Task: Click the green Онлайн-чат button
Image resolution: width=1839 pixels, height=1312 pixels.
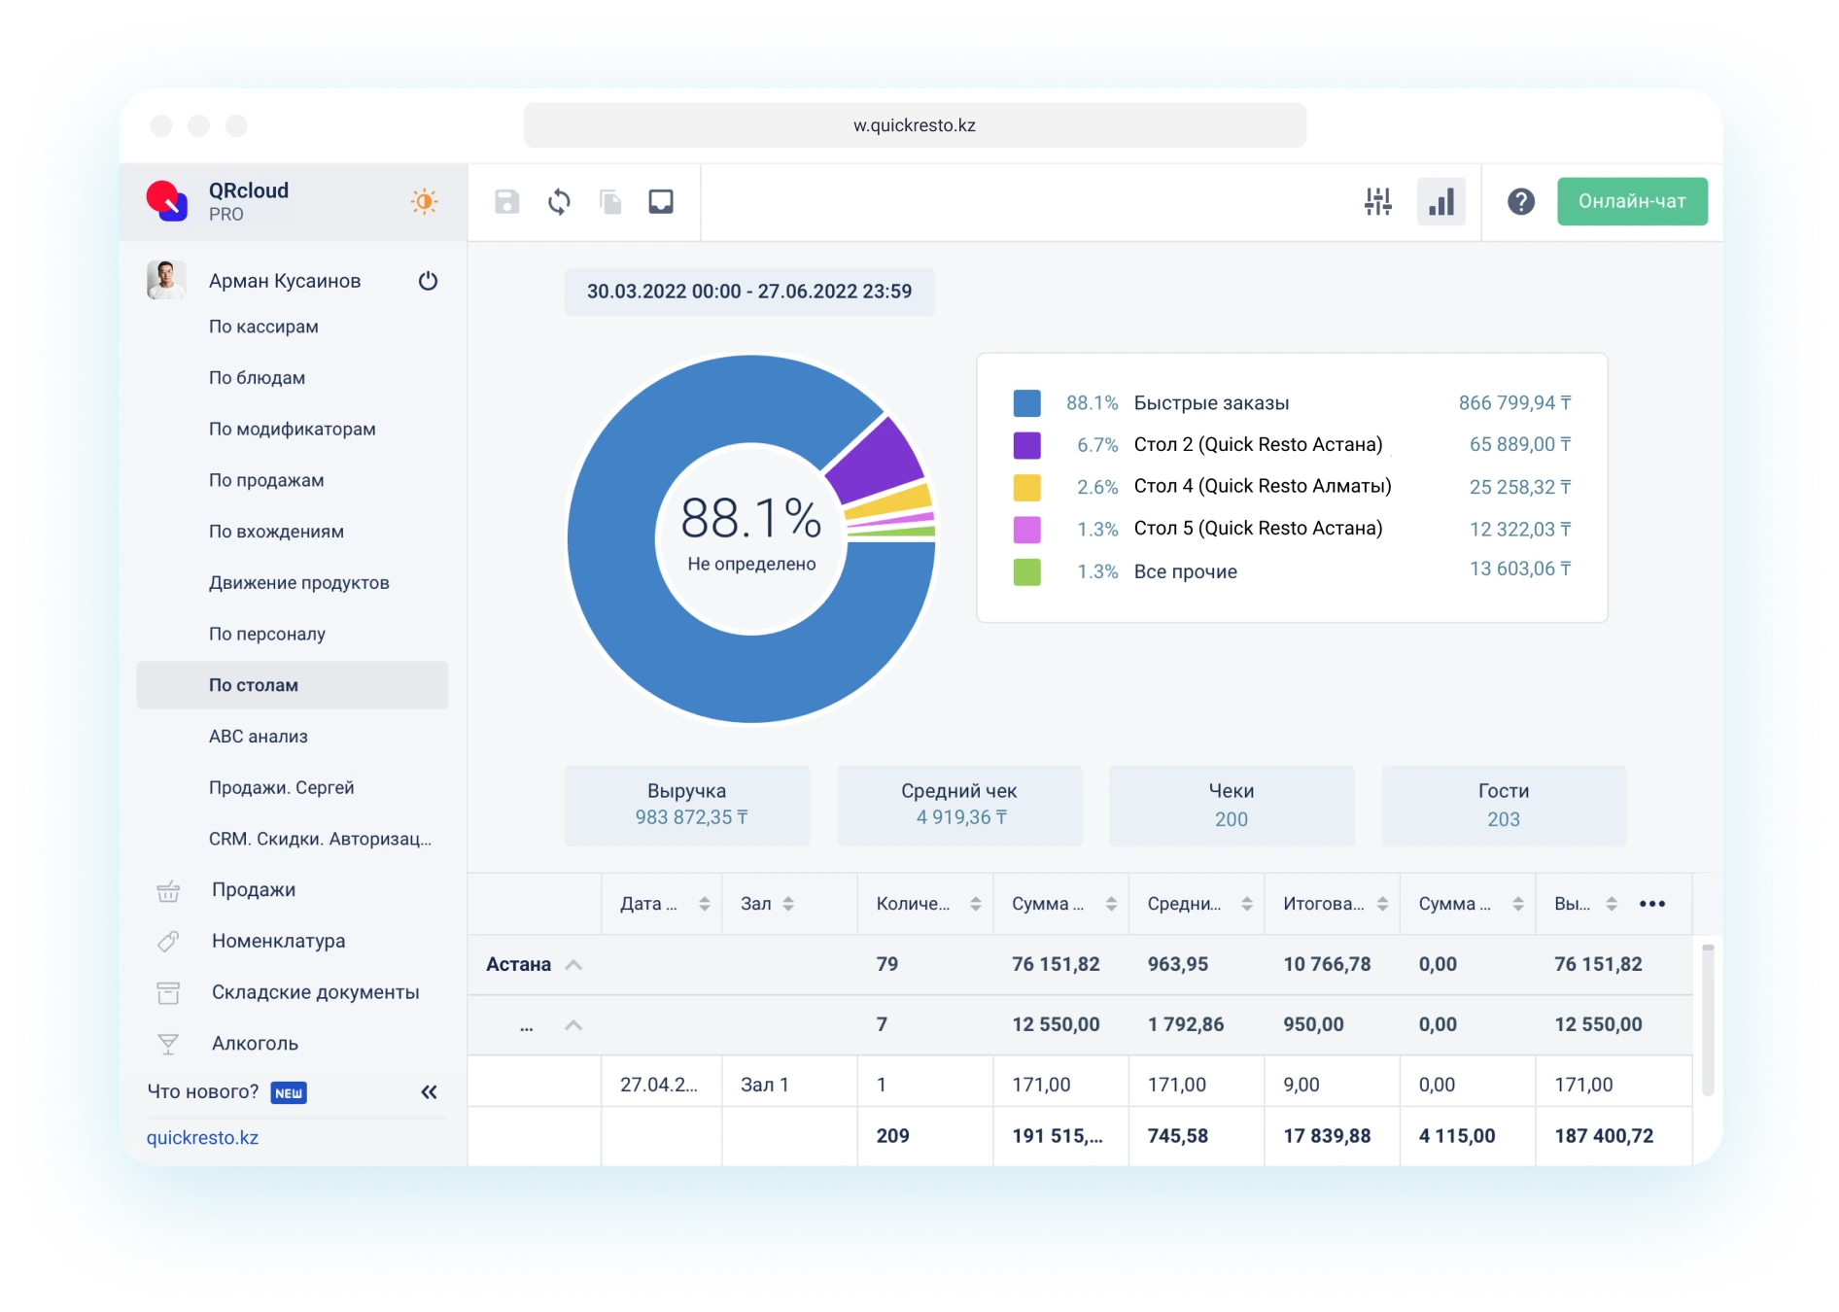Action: pyautogui.click(x=1631, y=201)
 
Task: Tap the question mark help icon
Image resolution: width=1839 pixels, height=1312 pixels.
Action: pyautogui.click(x=1520, y=201)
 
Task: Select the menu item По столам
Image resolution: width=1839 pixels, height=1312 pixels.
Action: pyautogui.click(x=254, y=685)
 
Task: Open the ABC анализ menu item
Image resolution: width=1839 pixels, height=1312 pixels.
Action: pyautogui.click(x=259, y=737)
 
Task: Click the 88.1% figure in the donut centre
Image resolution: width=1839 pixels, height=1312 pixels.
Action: pyautogui.click(x=750, y=518)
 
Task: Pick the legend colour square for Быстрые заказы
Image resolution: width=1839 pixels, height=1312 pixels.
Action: pyautogui.click(x=1026, y=403)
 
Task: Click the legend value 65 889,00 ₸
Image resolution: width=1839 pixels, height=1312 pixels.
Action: pyautogui.click(x=1519, y=445)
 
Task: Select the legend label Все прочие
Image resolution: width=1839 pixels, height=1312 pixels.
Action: pyautogui.click(x=1185, y=571)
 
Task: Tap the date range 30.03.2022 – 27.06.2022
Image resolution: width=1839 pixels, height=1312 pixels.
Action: pyautogui.click(x=748, y=292)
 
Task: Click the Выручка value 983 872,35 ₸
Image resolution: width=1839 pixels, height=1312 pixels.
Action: pyautogui.click(x=691, y=817)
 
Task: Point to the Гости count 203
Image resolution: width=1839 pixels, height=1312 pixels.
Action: pyautogui.click(x=1503, y=819)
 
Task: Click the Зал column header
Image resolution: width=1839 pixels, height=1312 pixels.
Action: pyautogui.click(x=756, y=904)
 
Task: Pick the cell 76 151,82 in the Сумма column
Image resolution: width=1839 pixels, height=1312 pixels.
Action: pyautogui.click(x=1056, y=964)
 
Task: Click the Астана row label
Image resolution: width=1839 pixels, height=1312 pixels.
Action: pyautogui.click(x=518, y=964)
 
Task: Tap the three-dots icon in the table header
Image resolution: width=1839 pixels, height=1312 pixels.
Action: pyautogui.click(x=1651, y=904)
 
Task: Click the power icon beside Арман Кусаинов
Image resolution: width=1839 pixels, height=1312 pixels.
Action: pyautogui.click(x=428, y=281)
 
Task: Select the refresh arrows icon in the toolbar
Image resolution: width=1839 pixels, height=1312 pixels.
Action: pyautogui.click(x=559, y=202)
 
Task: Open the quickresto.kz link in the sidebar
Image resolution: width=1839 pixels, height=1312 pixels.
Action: pyautogui.click(x=202, y=1137)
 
